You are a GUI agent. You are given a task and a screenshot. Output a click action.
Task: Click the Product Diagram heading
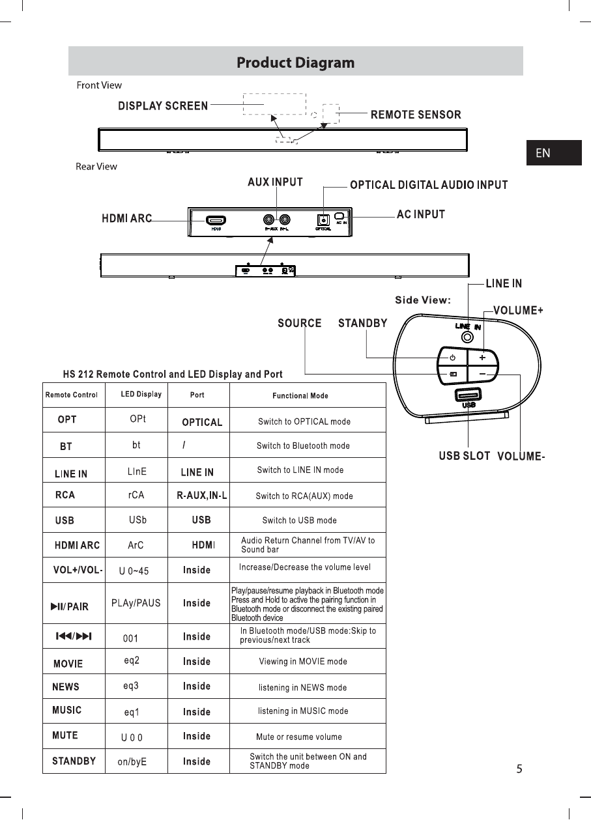click(295, 63)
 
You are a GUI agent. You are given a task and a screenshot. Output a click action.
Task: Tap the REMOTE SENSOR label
click(416, 115)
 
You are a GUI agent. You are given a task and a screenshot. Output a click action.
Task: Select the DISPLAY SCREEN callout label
click(163, 106)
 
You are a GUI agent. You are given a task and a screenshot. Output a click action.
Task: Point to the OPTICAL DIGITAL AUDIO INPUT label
click(429, 185)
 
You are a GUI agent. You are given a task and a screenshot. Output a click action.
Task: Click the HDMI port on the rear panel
click(216, 220)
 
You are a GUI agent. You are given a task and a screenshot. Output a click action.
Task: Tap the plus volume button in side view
click(482, 358)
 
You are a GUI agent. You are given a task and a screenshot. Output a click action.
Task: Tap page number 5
click(519, 769)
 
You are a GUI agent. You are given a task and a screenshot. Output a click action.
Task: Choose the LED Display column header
click(141, 394)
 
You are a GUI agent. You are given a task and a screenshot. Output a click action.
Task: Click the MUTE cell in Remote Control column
click(65, 735)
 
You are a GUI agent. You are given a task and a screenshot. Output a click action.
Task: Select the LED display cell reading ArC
click(136, 544)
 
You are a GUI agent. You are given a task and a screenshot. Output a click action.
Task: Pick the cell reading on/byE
click(132, 761)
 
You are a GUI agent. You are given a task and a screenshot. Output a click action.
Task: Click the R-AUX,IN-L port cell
click(202, 496)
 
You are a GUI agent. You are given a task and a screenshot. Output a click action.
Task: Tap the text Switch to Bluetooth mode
click(303, 446)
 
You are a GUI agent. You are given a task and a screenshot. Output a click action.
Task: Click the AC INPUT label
click(421, 214)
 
